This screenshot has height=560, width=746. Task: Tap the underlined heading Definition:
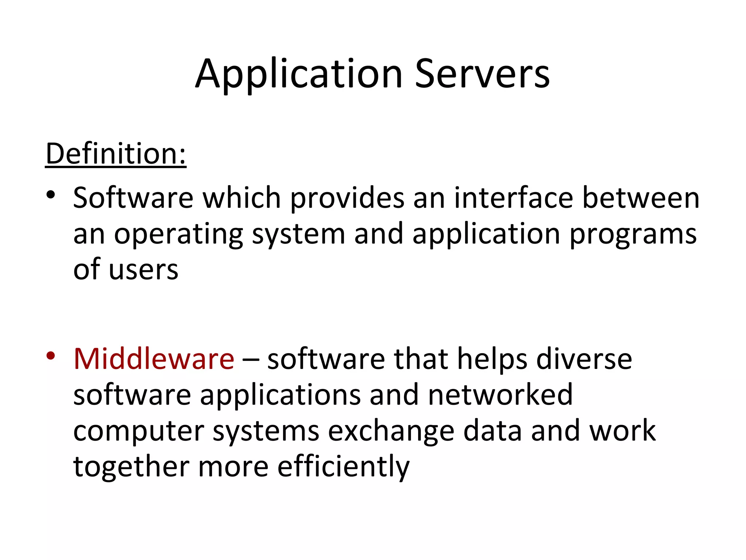click(x=116, y=153)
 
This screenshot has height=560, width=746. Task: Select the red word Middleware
click(x=154, y=359)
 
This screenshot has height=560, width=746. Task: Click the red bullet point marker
click(x=51, y=355)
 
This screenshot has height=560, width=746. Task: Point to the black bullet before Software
click(x=51, y=194)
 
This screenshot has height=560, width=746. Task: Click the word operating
click(x=178, y=234)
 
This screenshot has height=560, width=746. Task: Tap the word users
click(x=144, y=270)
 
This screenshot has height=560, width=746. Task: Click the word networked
click(x=500, y=394)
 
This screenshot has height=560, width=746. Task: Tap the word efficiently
click(x=343, y=467)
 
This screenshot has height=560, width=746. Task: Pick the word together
click(x=131, y=467)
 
